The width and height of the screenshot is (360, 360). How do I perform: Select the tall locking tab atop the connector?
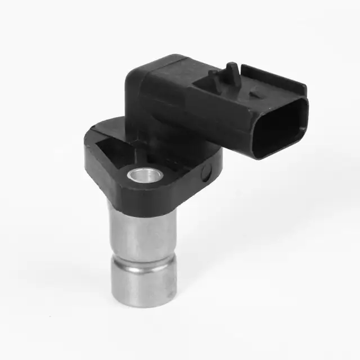pyautogui.click(x=232, y=74)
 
